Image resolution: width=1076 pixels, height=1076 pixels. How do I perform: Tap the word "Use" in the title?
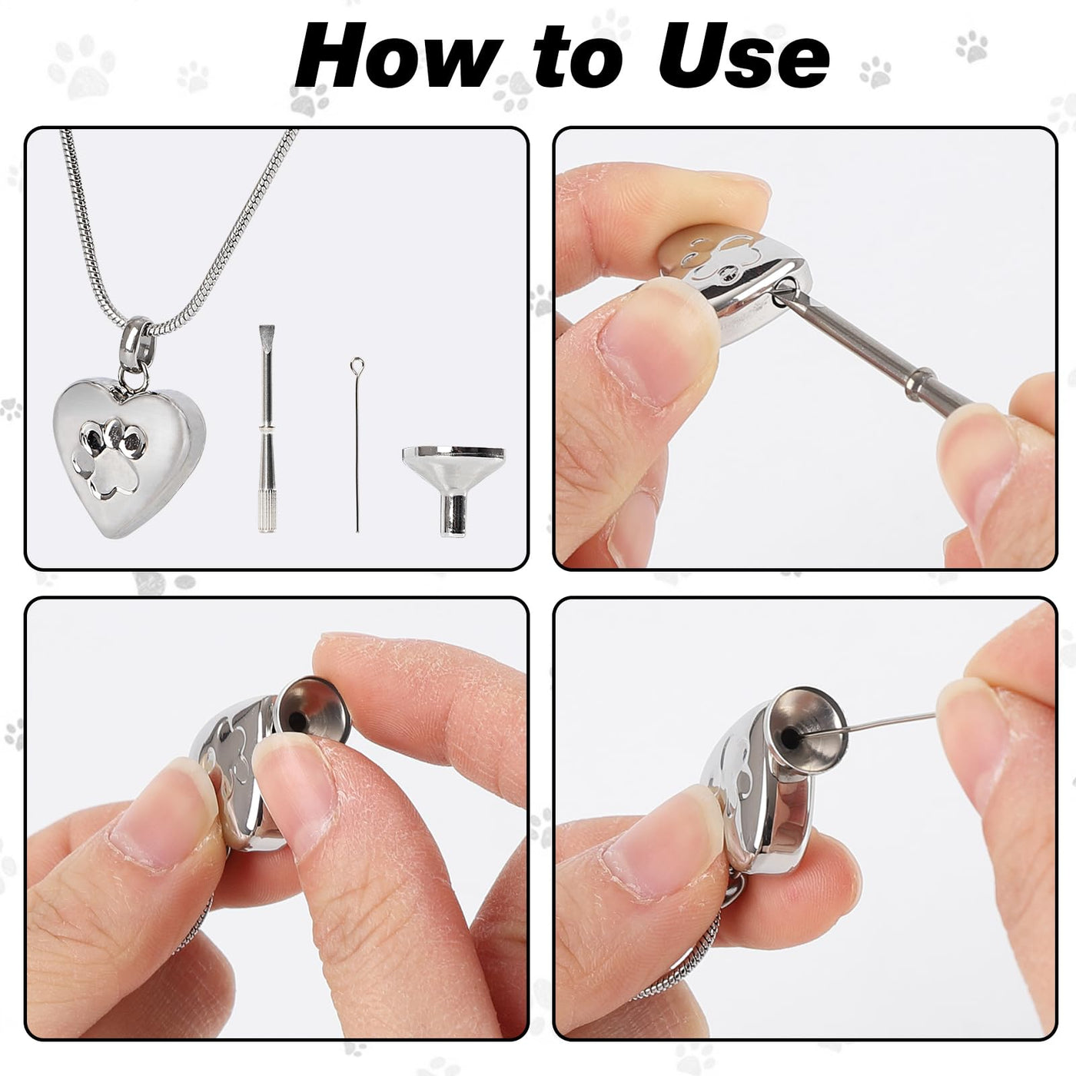tap(743, 56)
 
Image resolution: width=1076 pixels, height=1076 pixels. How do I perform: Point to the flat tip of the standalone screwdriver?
tap(267, 334)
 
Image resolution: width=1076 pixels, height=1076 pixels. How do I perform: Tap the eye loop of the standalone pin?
tap(357, 366)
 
